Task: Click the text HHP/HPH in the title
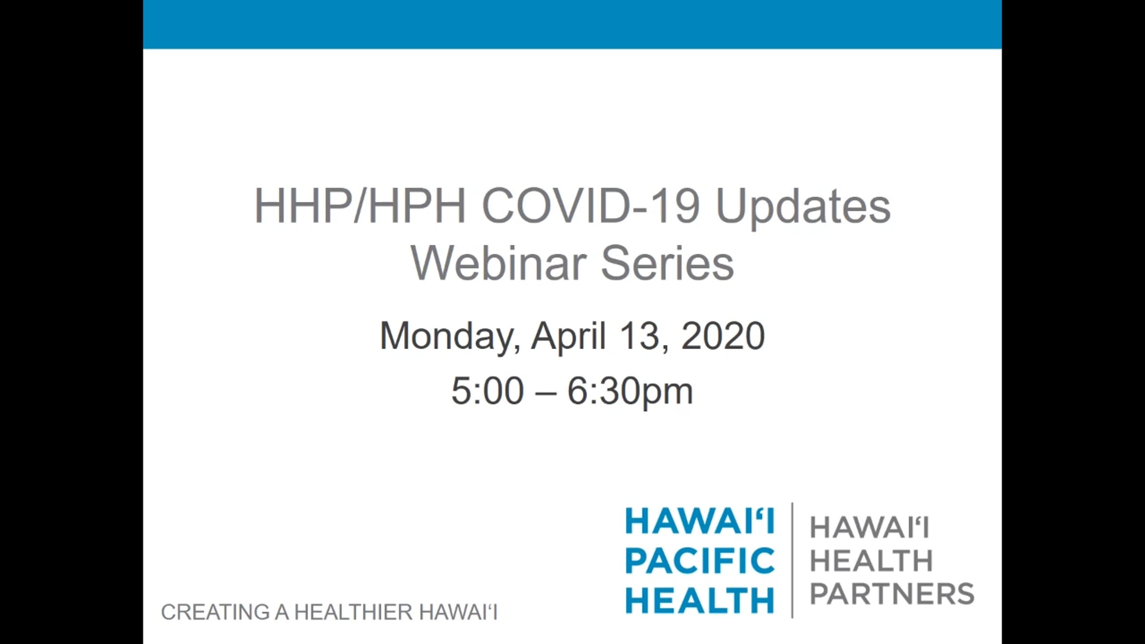[360, 206]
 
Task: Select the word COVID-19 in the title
[591, 206]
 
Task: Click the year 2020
[723, 336]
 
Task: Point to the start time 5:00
[488, 391]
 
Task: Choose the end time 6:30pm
[630, 393]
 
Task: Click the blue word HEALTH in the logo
[700, 600]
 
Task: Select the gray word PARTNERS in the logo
[892, 593]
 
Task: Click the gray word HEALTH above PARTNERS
[871, 561]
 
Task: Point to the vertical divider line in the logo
[792, 560]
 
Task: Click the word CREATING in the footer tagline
[215, 613]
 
